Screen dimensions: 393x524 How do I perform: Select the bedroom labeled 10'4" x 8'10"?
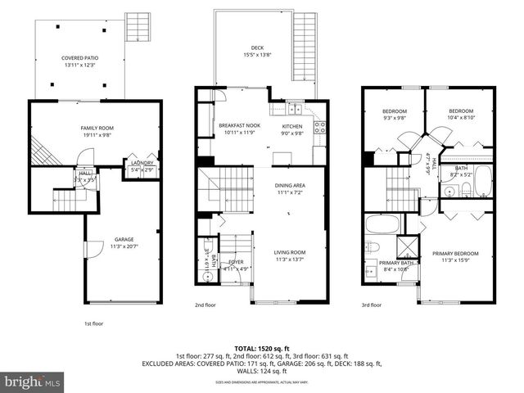point(461,114)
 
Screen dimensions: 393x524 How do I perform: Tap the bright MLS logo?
point(33,382)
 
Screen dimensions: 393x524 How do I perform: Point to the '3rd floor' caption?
point(372,305)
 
